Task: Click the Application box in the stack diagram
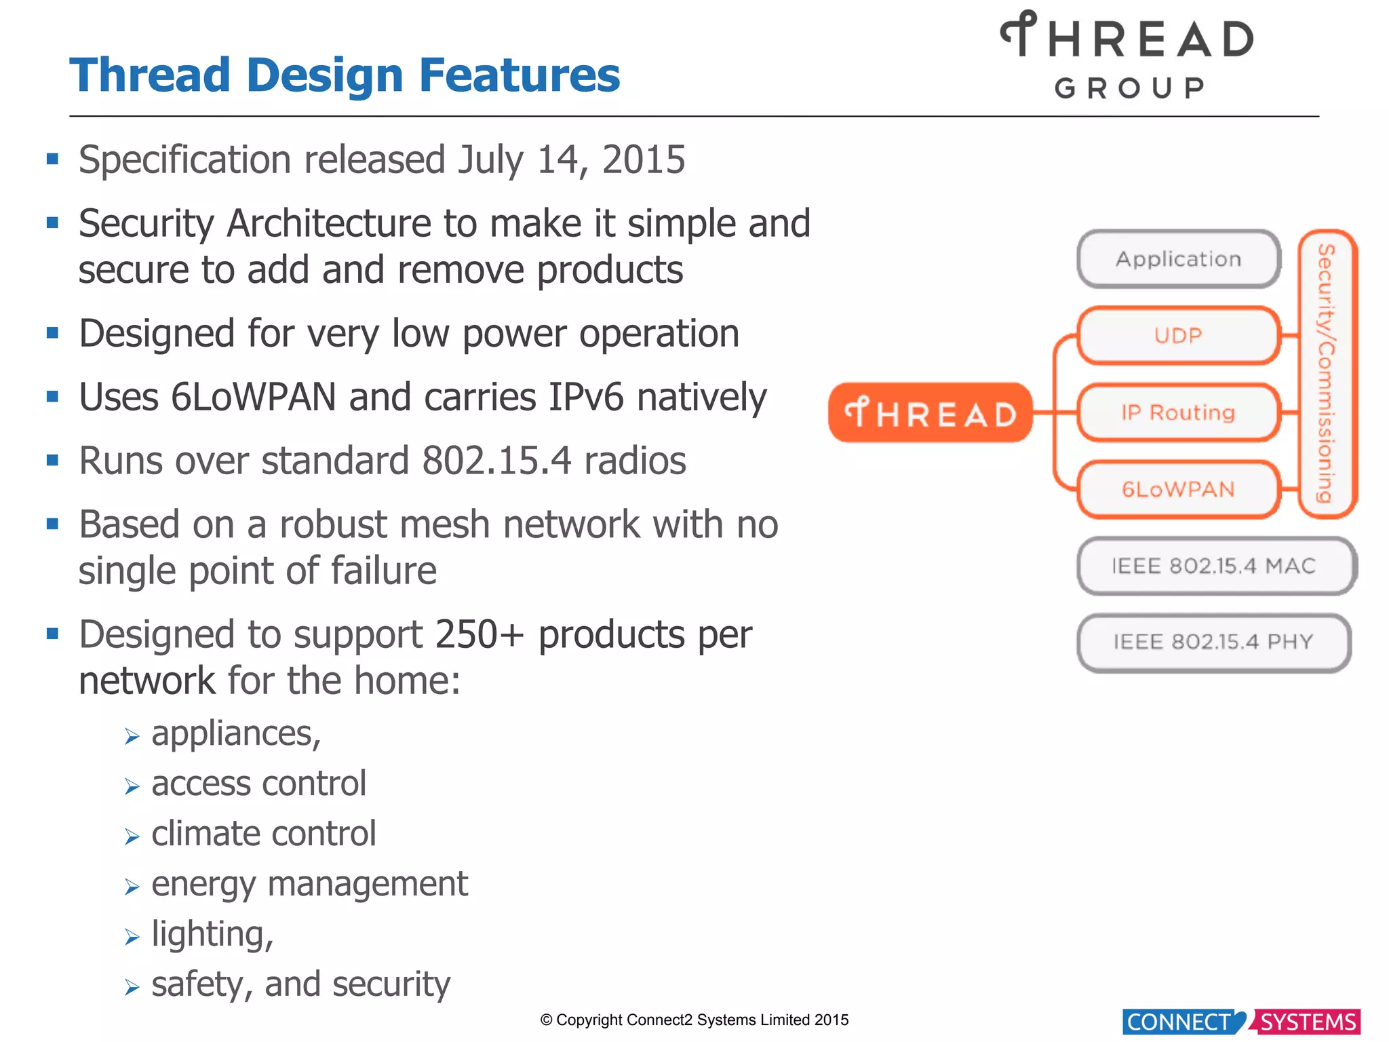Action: point(1179,259)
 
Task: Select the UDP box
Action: point(1179,336)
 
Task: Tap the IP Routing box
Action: point(1179,412)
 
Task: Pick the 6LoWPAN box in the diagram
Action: point(1179,489)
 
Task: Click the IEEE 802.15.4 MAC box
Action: point(1215,566)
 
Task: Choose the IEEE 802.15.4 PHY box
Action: point(1214,642)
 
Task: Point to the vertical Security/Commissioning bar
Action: point(1327,373)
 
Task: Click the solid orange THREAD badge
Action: point(931,412)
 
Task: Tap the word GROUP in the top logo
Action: point(1130,88)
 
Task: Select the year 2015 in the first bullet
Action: point(644,160)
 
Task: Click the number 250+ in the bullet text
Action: point(480,635)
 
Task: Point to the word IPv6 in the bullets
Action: point(585,398)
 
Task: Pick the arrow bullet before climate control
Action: point(132,836)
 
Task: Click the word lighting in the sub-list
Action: point(209,934)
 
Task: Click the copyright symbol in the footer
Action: point(547,1020)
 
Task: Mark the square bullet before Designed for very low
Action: point(52,333)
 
